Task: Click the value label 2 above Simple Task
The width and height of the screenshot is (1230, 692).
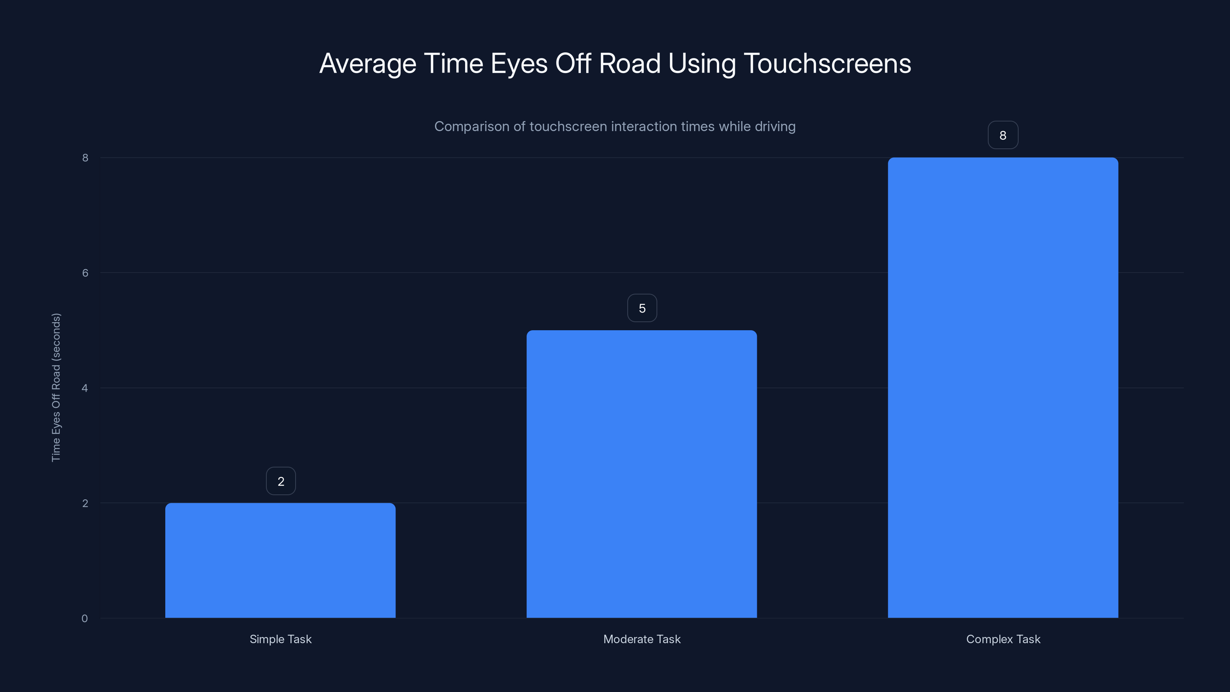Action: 281,481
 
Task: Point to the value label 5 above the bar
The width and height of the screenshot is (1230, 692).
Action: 642,308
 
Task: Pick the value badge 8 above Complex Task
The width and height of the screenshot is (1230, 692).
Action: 1003,135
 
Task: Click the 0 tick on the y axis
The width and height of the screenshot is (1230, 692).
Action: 85,619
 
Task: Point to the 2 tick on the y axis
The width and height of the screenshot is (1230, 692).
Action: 85,503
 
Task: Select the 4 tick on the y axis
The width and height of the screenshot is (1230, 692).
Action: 85,388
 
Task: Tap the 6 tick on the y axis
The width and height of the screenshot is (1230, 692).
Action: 85,273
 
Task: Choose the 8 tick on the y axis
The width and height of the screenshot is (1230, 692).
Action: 85,158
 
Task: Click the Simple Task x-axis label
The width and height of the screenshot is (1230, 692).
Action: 280,639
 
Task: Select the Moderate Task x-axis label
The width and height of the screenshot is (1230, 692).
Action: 642,639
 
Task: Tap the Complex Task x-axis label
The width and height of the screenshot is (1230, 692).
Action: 1003,639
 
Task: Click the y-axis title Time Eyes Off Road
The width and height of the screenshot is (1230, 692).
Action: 56,387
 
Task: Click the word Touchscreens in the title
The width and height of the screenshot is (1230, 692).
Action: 827,63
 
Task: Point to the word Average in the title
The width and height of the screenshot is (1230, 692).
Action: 368,63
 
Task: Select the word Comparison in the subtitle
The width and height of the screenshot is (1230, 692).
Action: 471,126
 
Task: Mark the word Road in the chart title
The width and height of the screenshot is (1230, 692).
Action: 629,63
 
